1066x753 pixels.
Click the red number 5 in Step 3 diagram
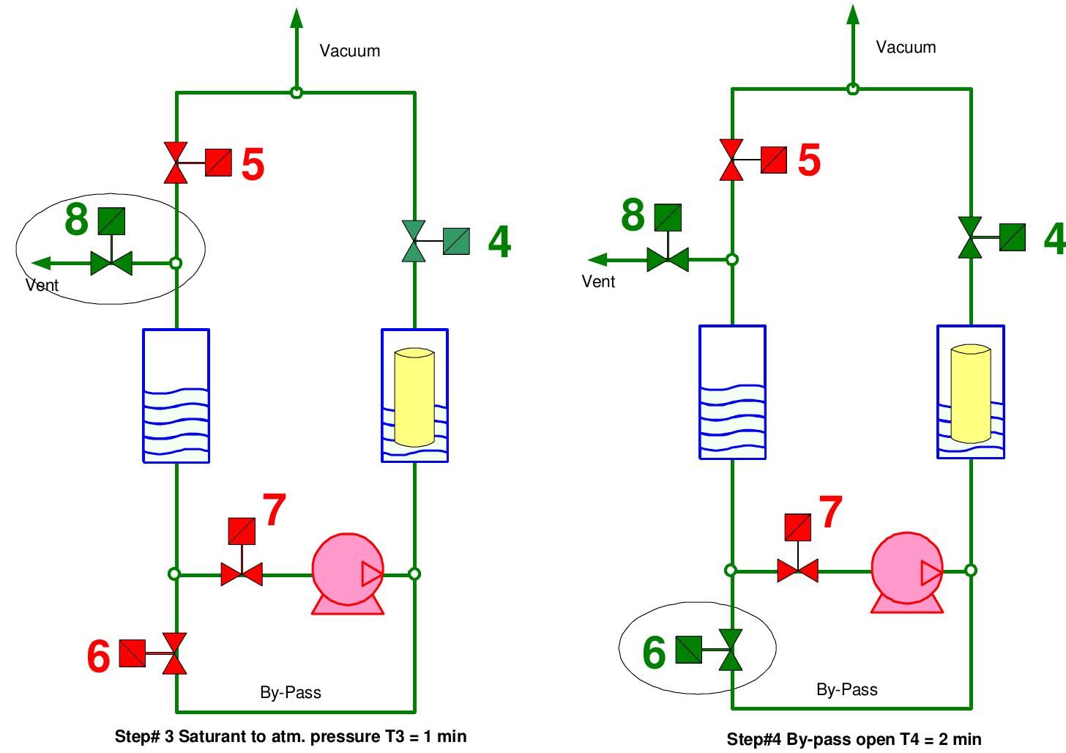click(x=253, y=164)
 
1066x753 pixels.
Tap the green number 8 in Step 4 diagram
click(x=633, y=215)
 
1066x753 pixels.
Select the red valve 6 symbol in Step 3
click(x=175, y=653)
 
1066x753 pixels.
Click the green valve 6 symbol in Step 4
click(x=731, y=650)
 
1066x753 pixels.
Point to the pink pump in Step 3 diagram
click(x=348, y=574)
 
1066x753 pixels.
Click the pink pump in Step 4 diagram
click(x=907, y=572)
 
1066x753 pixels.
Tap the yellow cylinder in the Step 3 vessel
click(x=414, y=397)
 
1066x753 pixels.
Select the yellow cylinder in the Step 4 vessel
click(x=971, y=393)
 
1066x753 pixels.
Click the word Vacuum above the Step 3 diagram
click(x=350, y=51)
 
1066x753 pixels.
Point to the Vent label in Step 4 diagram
click(x=598, y=281)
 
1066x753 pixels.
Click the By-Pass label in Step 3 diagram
click(x=290, y=692)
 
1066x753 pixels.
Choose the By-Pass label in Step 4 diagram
click(x=846, y=689)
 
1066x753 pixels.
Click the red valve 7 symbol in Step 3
click(x=242, y=574)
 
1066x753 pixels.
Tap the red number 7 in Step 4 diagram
click(x=830, y=512)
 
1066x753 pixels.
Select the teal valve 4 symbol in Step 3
click(x=414, y=241)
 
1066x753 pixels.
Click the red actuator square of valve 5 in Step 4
click(x=773, y=160)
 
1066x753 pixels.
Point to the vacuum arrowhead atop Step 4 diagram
click(x=853, y=14)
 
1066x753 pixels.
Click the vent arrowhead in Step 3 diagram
click(x=41, y=263)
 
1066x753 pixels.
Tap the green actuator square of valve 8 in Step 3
click(x=112, y=221)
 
